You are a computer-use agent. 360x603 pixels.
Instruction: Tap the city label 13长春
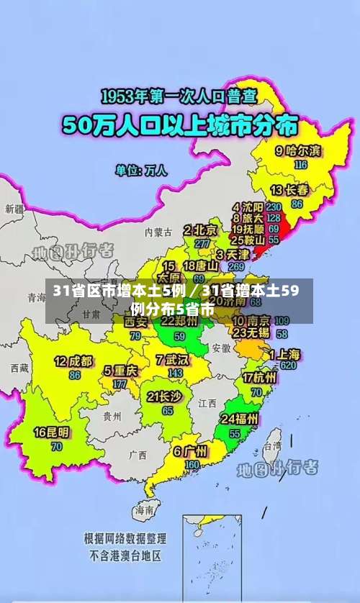289,191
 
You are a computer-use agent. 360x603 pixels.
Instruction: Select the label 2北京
200,230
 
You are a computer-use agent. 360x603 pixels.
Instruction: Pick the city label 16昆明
53,432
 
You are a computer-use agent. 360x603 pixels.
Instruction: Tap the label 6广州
190,452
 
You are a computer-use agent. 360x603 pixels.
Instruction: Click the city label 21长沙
164,396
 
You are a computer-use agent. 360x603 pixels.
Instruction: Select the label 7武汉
171,359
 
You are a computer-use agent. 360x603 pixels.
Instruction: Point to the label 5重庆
120,371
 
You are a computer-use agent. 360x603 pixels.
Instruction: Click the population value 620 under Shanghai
289,366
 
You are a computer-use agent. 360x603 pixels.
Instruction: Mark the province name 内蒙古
158,232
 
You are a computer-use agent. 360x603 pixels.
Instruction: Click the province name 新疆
14,209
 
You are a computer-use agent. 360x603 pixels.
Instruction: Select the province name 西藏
19,368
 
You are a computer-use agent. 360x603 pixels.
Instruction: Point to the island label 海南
143,509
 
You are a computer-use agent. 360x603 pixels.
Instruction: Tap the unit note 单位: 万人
141,171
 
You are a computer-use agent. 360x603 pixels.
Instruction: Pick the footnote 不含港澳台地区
125,556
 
